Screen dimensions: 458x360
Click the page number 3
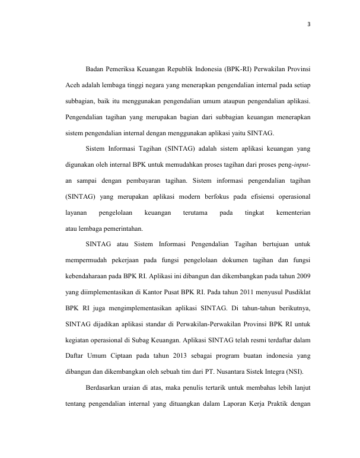tap(309, 24)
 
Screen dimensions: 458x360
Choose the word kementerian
tap(293, 211)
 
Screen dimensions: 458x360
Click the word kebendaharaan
tap(90, 276)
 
